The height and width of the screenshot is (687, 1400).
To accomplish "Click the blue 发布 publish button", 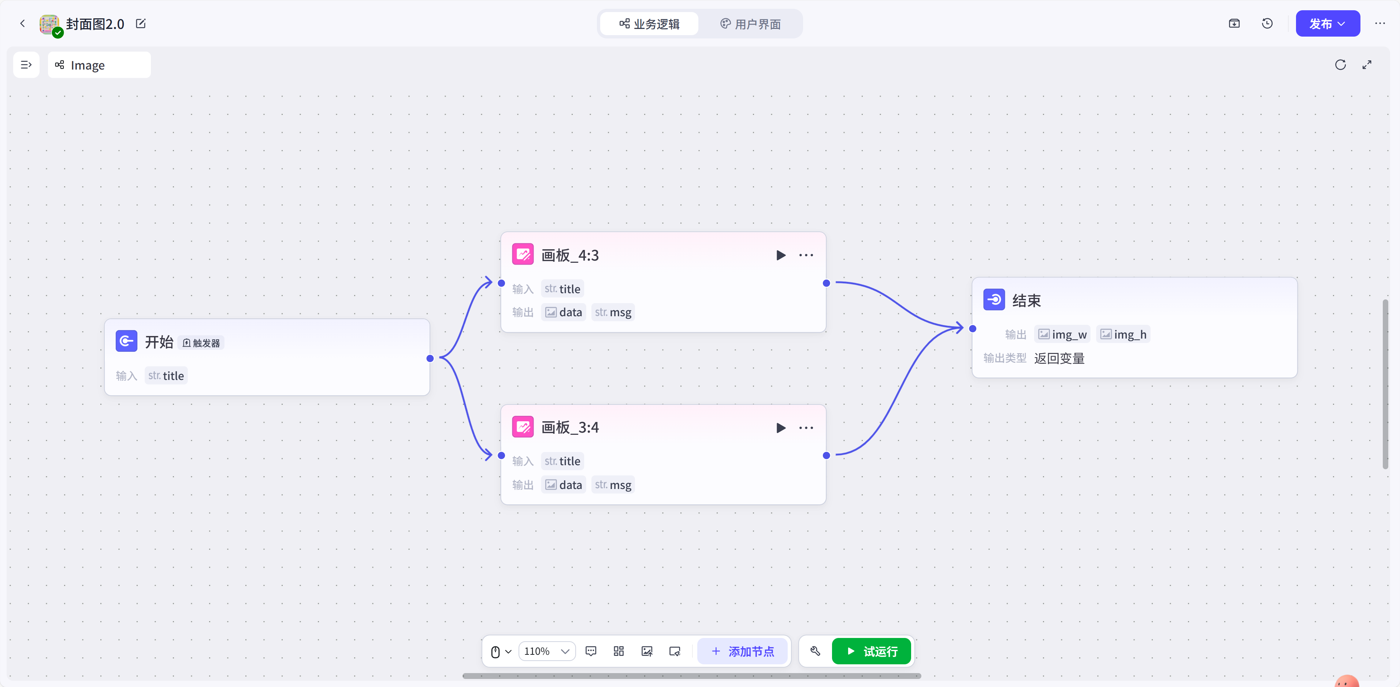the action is (x=1327, y=24).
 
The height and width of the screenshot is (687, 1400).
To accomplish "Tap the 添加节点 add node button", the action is (x=742, y=651).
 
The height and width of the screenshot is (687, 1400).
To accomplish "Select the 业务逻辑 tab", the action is (x=649, y=24).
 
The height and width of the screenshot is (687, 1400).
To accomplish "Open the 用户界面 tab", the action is (x=751, y=24).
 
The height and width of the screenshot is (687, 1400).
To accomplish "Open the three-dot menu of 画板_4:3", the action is (x=806, y=255).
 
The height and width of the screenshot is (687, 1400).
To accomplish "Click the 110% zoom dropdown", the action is (x=547, y=651).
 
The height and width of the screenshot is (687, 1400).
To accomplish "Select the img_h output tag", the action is (x=1124, y=335).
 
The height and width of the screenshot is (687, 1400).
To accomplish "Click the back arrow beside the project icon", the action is (x=22, y=23).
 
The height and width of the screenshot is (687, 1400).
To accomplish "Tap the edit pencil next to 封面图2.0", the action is (x=141, y=23).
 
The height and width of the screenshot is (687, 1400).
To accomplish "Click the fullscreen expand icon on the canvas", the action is (x=1367, y=65).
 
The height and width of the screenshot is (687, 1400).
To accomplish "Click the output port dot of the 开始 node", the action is (x=430, y=358).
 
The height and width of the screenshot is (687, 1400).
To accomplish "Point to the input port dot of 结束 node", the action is (x=973, y=329).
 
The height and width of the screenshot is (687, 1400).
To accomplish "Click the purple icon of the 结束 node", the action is (x=994, y=300).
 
